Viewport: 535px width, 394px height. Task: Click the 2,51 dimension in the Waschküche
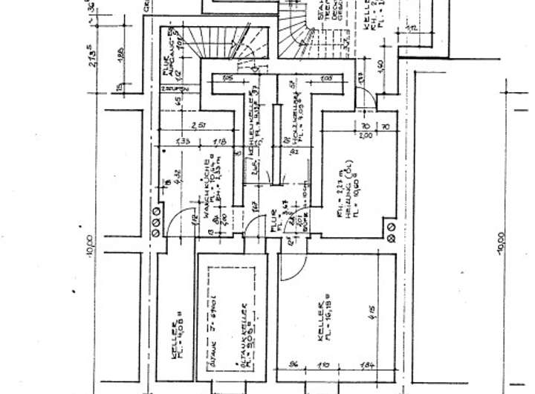coord(198,124)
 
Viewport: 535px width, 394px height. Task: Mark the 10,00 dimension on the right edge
coord(502,245)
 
